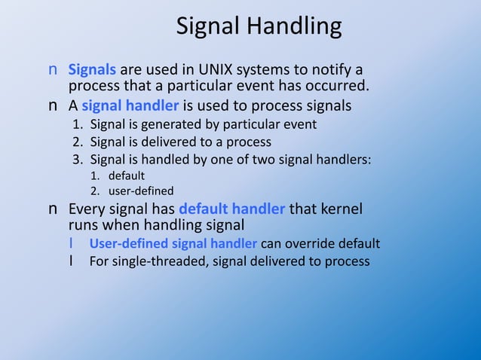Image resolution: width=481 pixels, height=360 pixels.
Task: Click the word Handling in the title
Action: coord(297,27)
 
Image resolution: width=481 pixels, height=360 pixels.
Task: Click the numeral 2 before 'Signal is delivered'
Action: coord(76,142)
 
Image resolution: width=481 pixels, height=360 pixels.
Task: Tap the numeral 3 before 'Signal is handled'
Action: coord(76,159)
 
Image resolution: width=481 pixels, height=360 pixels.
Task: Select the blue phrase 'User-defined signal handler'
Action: coord(173,243)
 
